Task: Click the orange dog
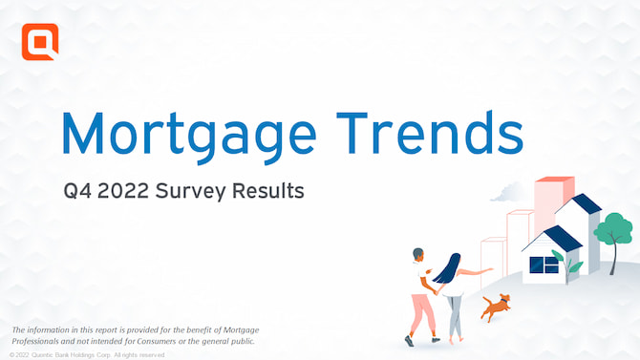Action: (x=496, y=306)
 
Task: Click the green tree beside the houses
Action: (x=612, y=231)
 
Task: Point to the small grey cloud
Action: (x=502, y=195)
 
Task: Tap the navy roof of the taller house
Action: (x=584, y=203)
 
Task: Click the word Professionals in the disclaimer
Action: (x=43, y=341)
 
